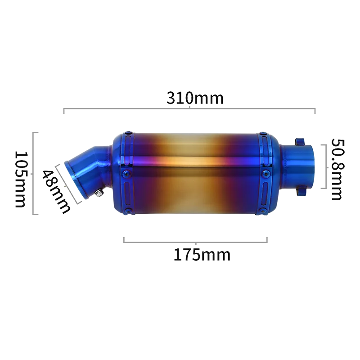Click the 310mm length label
point(195,98)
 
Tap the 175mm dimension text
point(202,255)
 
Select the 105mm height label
point(20,179)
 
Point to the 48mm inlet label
point(56,192)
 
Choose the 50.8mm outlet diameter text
point(338,170)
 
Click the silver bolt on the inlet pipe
point(99,193)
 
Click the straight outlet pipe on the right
point(297,167)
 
